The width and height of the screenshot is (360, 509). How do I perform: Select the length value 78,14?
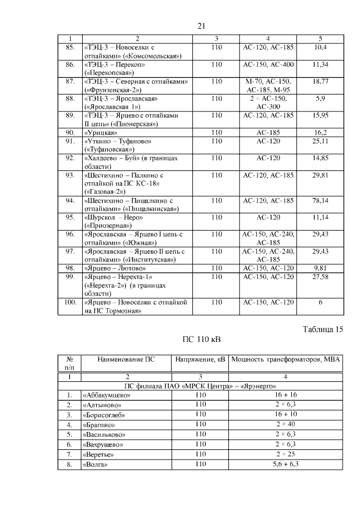(320, 200)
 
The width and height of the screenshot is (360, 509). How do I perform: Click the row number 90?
(70, 132)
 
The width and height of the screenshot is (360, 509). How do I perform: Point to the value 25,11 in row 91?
(320, 141)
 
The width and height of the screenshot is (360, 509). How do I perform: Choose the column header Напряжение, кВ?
(200, 359)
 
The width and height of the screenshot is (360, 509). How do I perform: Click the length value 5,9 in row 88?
(320, 98)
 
